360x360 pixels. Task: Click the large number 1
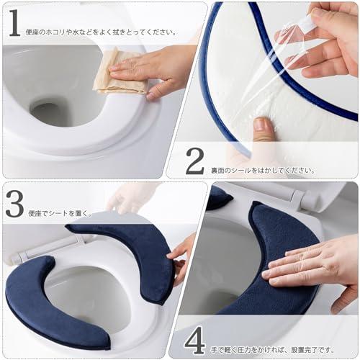(x=14, y=23)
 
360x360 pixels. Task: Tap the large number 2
(x=194, y=162)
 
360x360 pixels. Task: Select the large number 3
(x=15, y=204)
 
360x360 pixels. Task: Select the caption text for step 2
(x=262, y=170)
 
